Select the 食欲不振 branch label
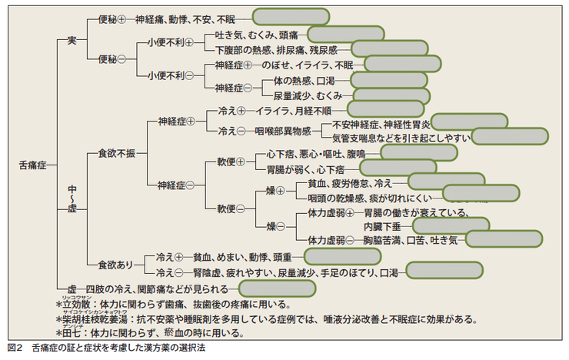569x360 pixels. pos(115,154)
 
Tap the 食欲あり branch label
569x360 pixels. pos(116,265)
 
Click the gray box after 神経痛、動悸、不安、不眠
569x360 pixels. pos(283,17)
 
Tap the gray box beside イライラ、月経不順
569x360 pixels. pos(385,111)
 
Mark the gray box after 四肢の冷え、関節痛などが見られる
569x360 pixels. pos(278,288)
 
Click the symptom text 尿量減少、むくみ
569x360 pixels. pos(307,95)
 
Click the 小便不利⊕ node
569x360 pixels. pos(170,42)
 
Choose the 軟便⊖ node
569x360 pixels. pos(231,208)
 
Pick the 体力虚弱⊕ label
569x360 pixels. pos(328,212)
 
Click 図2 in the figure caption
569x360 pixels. pos(13,348)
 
